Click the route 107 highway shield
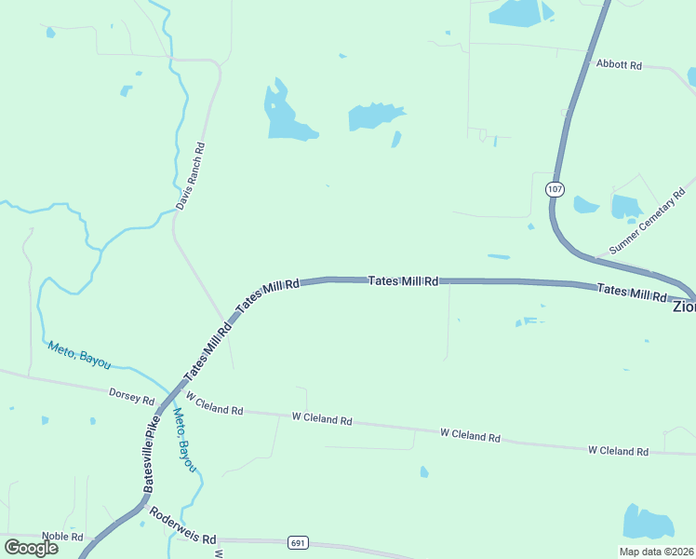[x=555, y=189]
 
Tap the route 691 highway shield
[x=298, y=543]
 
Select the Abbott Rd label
[x=620, y=65]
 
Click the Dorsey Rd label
[x=131, y=397]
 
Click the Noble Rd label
[x=62, y=537]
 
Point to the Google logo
[x=32, y=548]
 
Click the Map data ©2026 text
[x=656, y=551]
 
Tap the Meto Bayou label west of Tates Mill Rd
[x=78, y=355]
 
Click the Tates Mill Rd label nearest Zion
[x=632, y=292]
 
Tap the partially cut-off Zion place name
[x=684, y=306]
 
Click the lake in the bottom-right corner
[x=648, y=524]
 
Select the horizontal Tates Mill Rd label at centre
[x=403, y=280]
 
